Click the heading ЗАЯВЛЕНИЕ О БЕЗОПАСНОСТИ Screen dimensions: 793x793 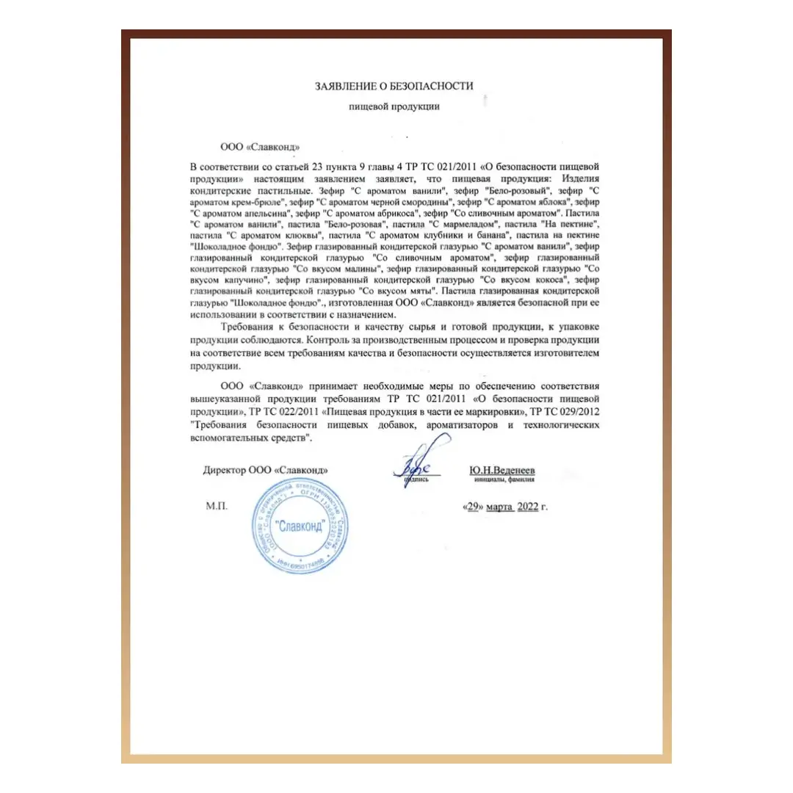point(394,87)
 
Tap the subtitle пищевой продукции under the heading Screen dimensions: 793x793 point(394,107)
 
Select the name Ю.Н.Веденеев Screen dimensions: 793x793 point(503,468)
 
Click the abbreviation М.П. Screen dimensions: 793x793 point(219,507)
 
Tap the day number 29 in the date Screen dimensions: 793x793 point(473,507)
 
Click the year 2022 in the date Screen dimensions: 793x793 point(528,507)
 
